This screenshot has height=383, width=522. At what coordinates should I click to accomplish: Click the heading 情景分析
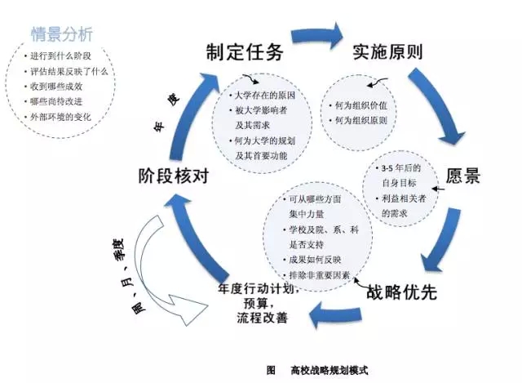point(61,34)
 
